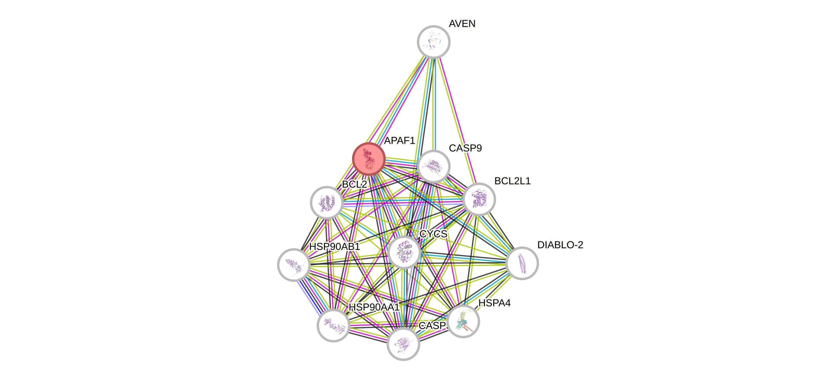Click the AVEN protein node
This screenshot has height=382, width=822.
434,42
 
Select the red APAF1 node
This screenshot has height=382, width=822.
369,159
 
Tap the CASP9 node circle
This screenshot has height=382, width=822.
434,166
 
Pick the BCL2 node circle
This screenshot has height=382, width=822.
327,202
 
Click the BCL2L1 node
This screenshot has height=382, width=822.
479,199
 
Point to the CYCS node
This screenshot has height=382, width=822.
404,252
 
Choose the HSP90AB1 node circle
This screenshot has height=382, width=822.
294,265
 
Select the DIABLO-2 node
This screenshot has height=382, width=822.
522,263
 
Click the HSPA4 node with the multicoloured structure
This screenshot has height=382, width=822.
463,321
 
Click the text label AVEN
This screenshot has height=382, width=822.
462,23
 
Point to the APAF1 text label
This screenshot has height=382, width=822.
400,140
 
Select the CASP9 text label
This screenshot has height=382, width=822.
465,148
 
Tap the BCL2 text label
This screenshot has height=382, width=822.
355,184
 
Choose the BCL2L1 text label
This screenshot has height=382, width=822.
512,181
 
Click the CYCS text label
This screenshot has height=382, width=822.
433,234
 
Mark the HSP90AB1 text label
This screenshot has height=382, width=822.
335,246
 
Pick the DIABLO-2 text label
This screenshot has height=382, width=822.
560,245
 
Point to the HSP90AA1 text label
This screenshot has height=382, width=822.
374,307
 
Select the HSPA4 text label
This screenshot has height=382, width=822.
495,303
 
